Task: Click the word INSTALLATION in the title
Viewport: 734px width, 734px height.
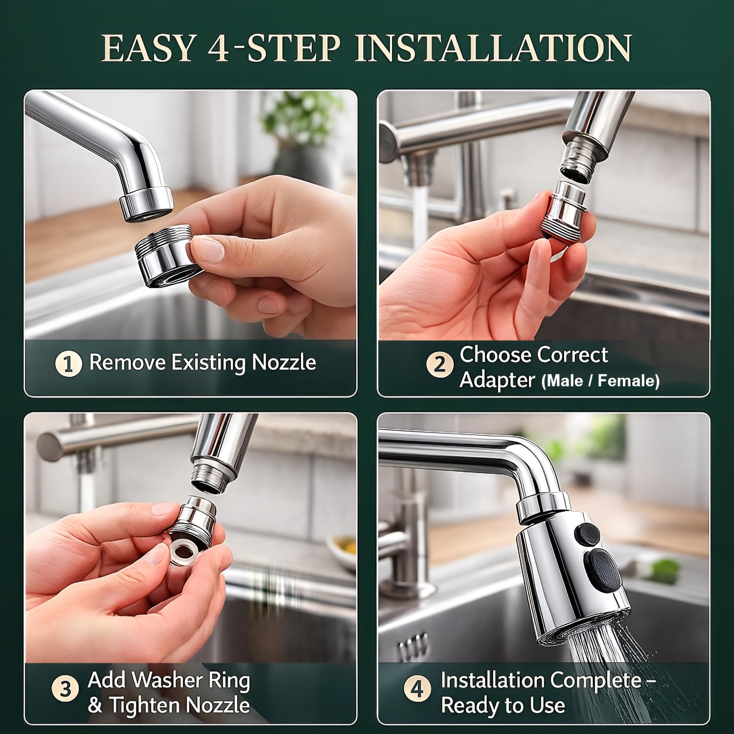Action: coord(492,48)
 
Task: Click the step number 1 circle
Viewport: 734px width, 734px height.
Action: coord(69,364)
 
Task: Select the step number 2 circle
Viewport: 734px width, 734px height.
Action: coord(439,365)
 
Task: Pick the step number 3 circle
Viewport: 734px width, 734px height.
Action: coord(65,689)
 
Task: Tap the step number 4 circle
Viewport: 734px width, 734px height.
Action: coord(417,689)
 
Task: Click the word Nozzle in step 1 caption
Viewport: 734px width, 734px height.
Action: coord(284,363)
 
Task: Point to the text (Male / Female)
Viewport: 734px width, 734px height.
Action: coord(600,381)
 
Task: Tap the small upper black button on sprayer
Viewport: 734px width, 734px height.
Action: coord(587,532)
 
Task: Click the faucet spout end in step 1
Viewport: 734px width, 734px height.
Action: coord(146,206)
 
